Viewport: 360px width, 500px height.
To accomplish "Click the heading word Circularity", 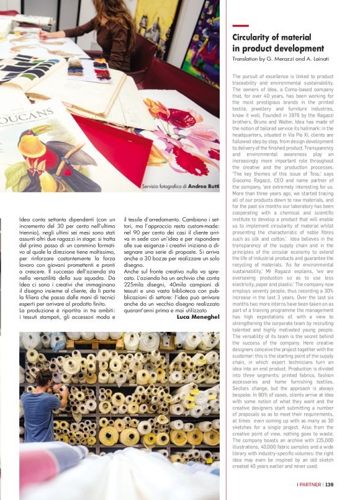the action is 254,37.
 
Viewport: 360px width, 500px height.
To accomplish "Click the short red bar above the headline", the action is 240,26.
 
